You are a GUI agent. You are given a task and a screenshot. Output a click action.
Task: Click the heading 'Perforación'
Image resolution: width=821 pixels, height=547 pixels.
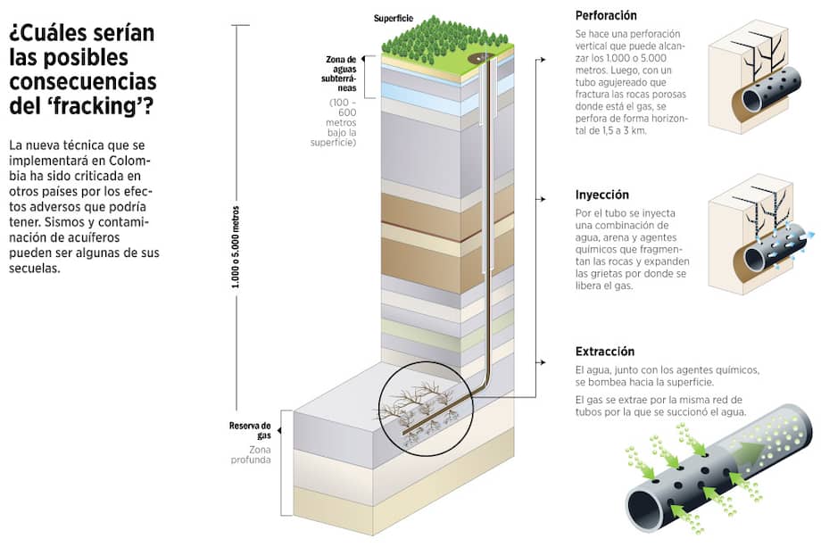tap(606, 16)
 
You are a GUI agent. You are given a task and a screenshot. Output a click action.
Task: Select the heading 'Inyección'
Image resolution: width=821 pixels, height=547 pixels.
tap(602, 195)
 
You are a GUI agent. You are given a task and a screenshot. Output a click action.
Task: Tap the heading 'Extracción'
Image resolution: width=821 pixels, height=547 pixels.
tap(605, 352)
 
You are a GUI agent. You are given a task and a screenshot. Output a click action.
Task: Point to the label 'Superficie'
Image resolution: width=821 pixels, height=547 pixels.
tap(394, 19)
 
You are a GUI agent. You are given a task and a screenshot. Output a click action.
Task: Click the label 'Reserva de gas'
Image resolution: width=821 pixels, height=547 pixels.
tap(250, 430)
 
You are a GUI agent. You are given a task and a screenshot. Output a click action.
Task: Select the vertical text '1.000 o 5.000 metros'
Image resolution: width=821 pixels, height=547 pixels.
tap(236, 247)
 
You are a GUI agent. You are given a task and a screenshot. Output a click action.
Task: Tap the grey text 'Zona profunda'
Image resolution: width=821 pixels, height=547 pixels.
tap(251, 454)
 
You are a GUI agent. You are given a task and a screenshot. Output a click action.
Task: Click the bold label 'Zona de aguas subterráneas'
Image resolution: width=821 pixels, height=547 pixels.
tap(339, 74)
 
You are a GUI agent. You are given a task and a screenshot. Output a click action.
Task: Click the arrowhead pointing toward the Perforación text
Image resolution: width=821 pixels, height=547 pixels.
tap(543, 60)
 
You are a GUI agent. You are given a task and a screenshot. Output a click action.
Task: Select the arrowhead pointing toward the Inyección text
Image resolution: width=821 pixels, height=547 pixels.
tap(543, 199)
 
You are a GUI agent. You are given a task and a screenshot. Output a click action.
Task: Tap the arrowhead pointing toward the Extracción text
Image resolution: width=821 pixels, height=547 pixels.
tap(543, 362)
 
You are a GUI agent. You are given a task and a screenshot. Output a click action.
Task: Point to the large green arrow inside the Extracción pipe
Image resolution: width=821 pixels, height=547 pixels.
tap(746, 454)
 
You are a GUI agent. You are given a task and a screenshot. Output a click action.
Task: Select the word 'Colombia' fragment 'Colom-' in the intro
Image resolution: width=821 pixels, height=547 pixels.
tap(125, 161)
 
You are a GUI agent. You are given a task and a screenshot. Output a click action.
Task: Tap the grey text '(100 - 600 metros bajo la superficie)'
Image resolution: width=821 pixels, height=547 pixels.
tap(334, 122)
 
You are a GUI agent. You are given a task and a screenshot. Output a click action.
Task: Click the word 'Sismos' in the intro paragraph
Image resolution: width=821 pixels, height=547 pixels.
tap(63, 222)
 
